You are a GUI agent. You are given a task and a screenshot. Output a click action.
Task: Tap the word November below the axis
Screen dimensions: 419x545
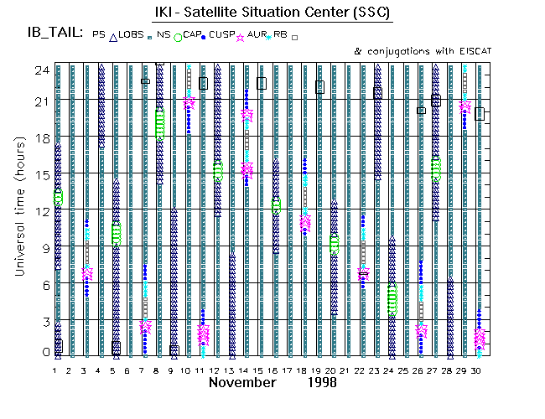[x=242, y=382]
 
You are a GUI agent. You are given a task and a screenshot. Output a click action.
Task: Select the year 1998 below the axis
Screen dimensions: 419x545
[x=321, y=382]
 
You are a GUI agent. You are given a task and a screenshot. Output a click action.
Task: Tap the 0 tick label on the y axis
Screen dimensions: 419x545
[x=35, y=353]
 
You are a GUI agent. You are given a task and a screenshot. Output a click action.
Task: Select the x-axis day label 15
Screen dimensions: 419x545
[x=262, y=370]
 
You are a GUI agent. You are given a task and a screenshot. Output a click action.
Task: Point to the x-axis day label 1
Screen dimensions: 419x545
[x=56, y=370]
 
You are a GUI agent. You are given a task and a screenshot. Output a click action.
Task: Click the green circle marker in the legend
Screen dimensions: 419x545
[x=177, y=37]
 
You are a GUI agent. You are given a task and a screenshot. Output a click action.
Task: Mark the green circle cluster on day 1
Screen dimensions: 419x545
[x=58, y=198]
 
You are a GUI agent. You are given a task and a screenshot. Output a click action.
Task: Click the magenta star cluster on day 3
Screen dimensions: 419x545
[x=87, y=273]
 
